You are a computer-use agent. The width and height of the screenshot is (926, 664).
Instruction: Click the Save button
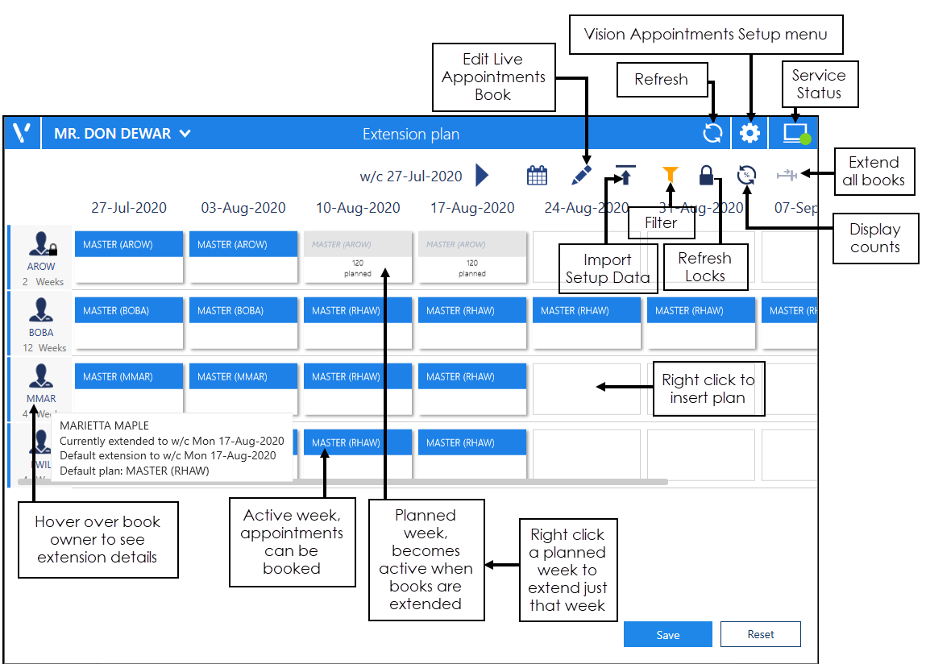[x=667, y=634]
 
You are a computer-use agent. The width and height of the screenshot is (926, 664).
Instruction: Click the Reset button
[x=760, y=634]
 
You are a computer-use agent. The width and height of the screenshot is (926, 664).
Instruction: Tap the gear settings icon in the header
[x=750, y=134]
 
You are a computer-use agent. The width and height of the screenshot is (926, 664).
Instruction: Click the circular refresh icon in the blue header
[x=712, y=134]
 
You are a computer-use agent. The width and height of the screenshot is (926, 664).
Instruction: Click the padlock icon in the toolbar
[x=706, y=175]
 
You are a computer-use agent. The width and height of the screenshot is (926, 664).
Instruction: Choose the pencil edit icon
[x=582, y=175]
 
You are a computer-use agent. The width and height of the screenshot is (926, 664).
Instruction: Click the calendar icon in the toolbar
[x=537, y=175]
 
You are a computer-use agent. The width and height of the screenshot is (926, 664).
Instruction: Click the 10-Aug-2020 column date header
[x=358, y=208]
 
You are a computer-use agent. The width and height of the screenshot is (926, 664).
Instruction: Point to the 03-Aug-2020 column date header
[x=243, y=208]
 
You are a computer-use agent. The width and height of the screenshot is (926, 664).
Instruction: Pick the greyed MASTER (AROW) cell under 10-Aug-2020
[x=358, y=257]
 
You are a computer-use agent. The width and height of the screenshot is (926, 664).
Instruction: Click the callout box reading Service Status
[x=818, y=85]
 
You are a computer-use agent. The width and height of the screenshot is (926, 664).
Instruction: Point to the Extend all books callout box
[x=874, y=171]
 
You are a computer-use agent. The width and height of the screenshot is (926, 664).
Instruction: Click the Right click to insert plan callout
[x=708, y=388]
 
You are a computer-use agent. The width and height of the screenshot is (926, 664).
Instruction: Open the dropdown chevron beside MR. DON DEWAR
[x=185, y=134]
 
